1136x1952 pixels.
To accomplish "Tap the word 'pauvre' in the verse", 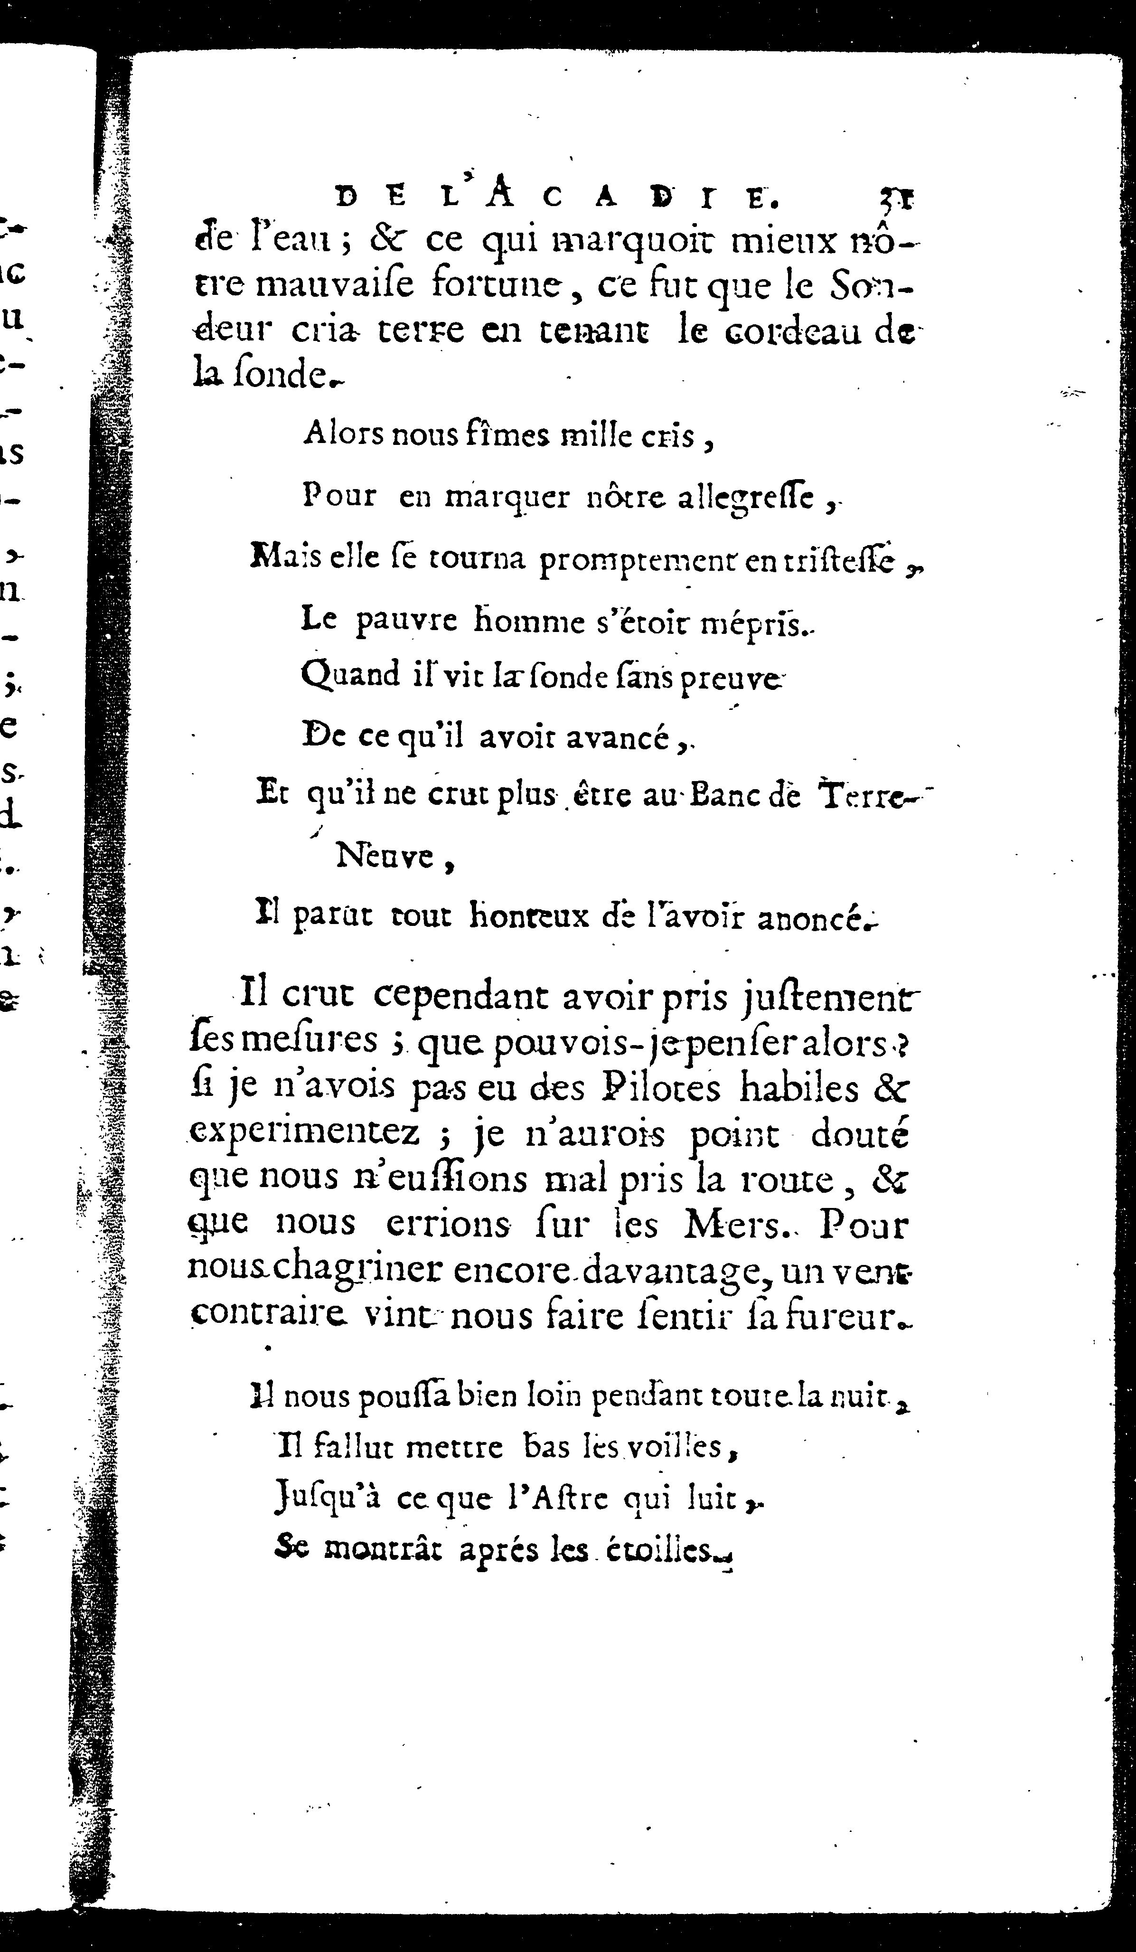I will (x=406, y=621).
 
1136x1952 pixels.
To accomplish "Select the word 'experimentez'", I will (x=303, y=1134).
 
